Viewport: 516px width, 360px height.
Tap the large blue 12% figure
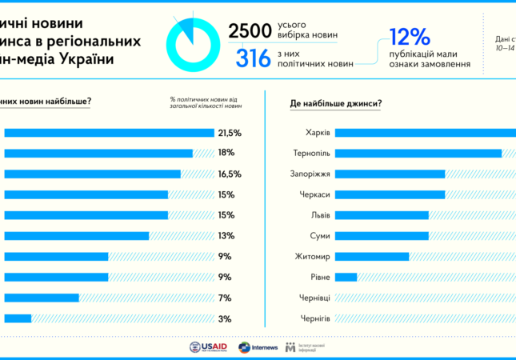410,37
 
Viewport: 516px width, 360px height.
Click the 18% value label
226,153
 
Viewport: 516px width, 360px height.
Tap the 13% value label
226,236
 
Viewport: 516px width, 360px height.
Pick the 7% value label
226,298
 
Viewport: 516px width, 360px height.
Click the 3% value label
226,318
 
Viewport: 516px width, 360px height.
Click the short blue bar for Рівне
346,278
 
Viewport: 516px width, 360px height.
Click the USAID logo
209,347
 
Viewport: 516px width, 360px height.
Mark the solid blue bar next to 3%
18,318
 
